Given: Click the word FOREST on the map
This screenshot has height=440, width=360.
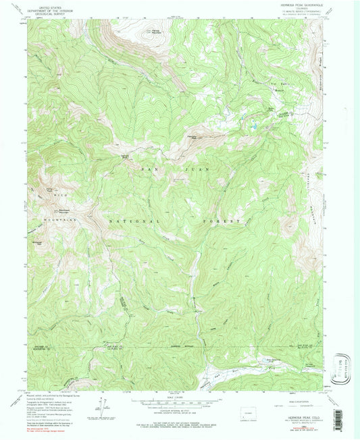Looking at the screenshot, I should (x=222, y=221).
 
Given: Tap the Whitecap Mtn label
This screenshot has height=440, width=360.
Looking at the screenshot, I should (x=37, y=238).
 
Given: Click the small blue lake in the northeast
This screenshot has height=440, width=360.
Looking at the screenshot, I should (x=255, y=126).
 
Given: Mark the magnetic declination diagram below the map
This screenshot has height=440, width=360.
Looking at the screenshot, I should (x=105, y=409).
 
